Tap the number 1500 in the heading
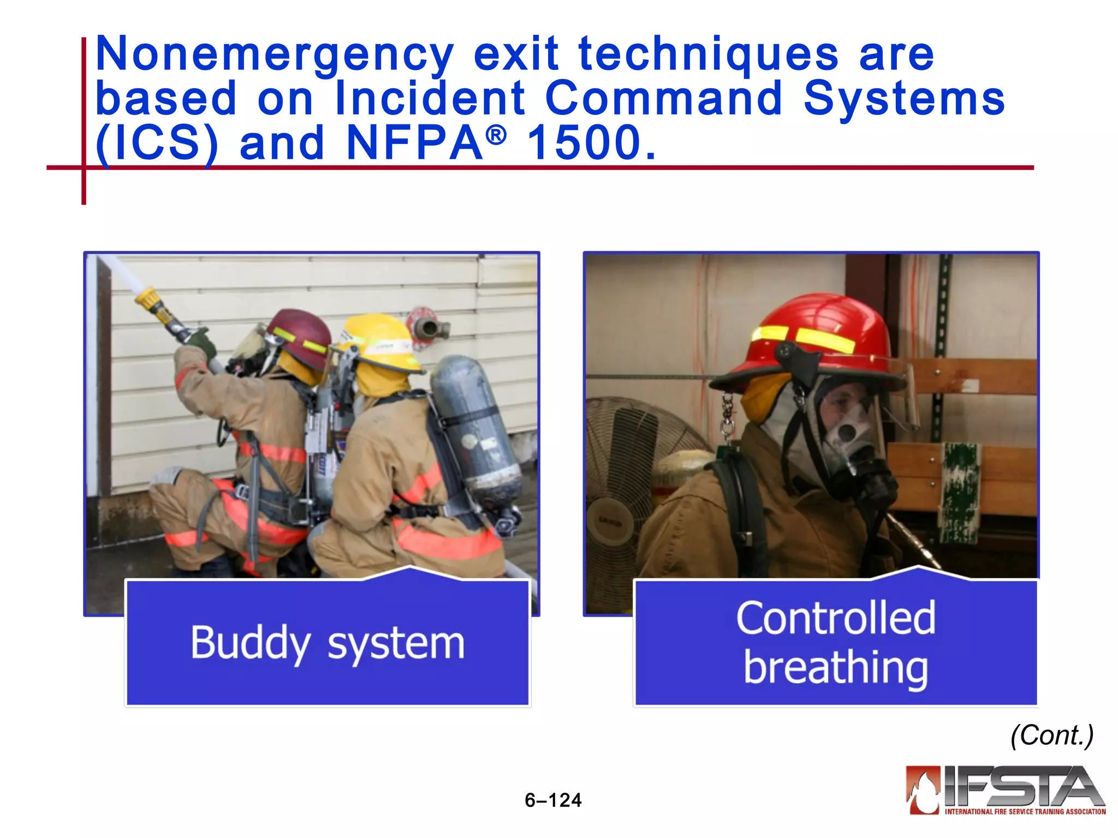point(591,143)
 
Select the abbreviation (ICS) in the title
point(157,143)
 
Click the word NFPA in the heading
point(415,143)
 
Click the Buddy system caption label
point(328,644)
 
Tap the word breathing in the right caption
point(835,668)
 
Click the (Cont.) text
point(1051,735)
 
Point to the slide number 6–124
point(553,800)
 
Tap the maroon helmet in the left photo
point(300,333)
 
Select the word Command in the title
point(663,99)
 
